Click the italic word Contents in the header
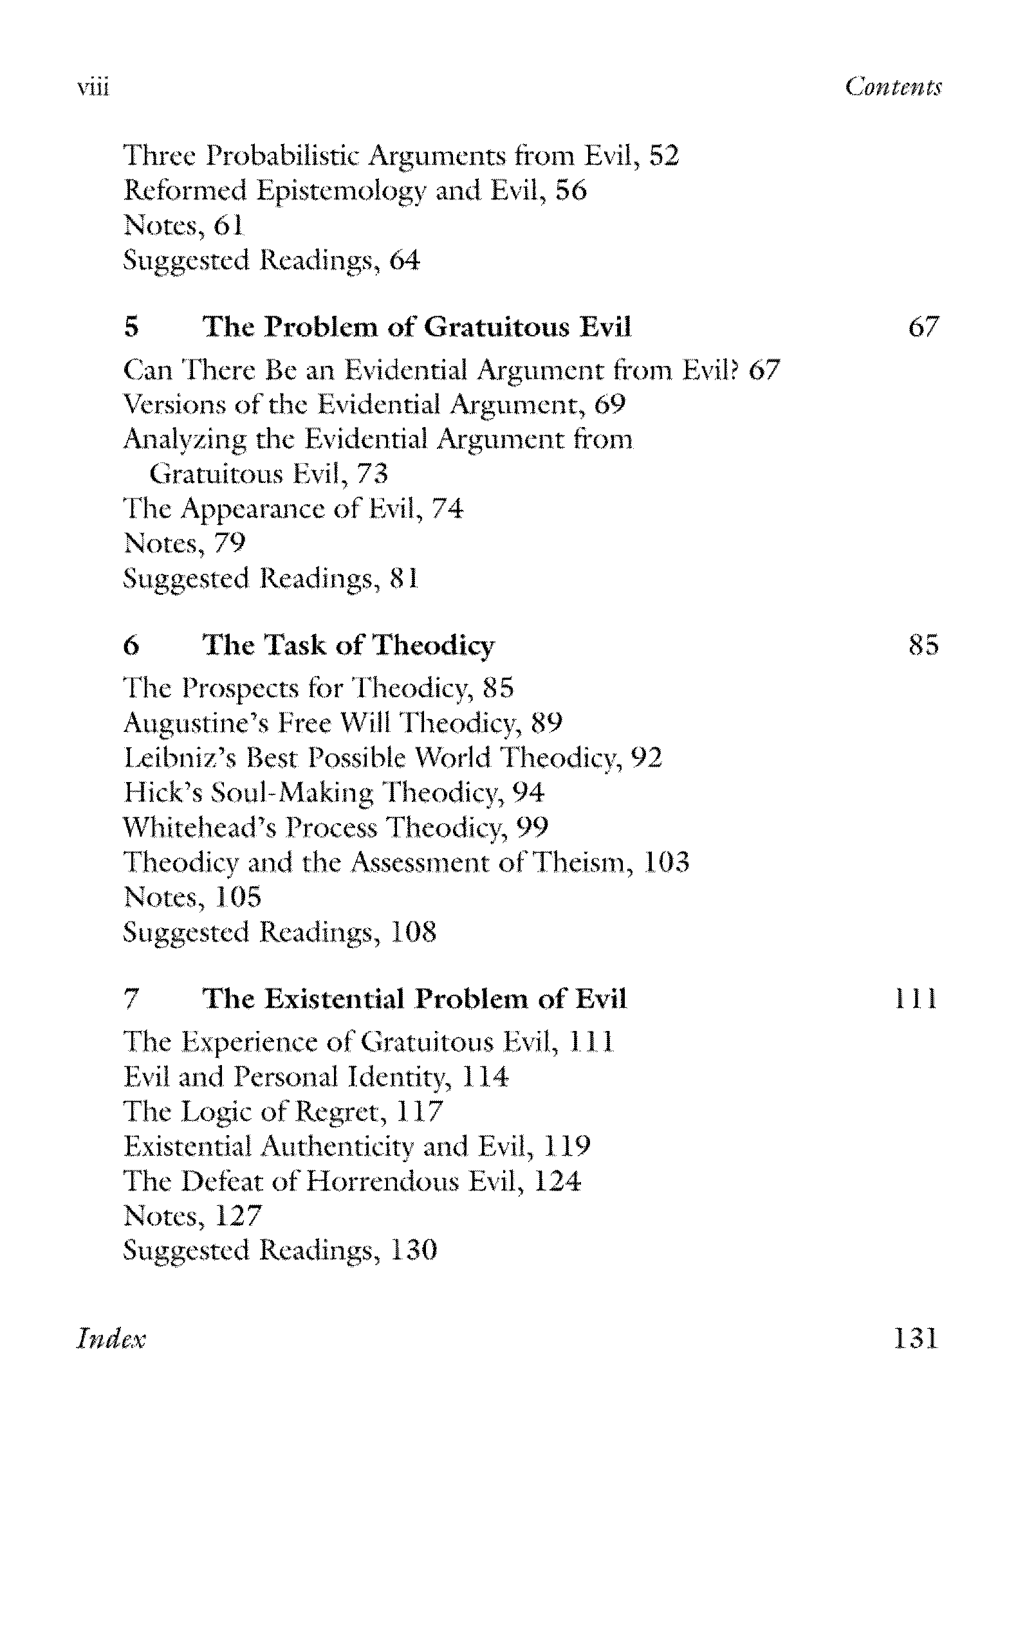click(893, 87)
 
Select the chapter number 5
click(132, 327)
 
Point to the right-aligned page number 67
click(923, 327)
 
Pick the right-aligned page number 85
click(923, 646)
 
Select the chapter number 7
click(132, 999)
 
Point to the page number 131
click(915, 1338)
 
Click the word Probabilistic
click(284, 156)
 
